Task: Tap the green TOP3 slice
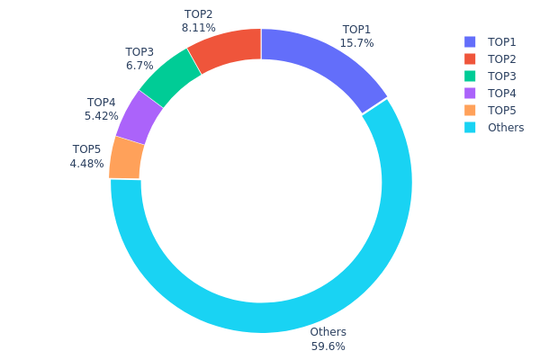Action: pyautogui.click(x=172, y=78)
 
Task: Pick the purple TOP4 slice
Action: pyautogui.click(x=139, y=117)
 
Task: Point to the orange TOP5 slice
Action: pyautogui.click(x=127, y=157)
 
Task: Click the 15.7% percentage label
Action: pyautogui.click(x=357, y=43)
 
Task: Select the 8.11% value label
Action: pyautogui.click(x=198, y=28)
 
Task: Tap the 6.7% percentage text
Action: pyautogui.click(x=139, y=66)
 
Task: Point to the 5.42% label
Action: pyautogui.click(x=102, y=116)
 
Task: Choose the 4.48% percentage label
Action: pyautogui.click(x=87, y=164)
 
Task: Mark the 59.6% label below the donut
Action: pyautogui.click(x=328, y=346)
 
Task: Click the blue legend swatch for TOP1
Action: pyautogui.click(x=470, y=42)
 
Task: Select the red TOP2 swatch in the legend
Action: pyautogui.click(x=470, y=59)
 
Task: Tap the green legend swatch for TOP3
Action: pyautogui.click(x=470, y=76)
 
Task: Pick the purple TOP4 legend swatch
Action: pyautogui.click(x=470, y=94)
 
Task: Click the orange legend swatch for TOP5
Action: pyautogui.click(x=470, y=111)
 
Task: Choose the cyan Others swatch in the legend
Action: pyautogui.click(x=470, y=128)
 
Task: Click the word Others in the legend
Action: pyautogui.click(x=506, y=128)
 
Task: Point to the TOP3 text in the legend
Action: pyautogui.click(x=502, y=76)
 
